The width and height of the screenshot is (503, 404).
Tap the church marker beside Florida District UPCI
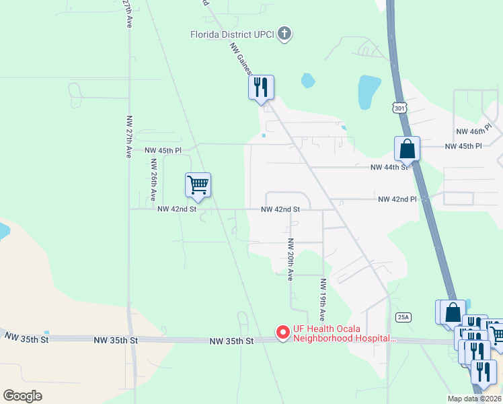(284, 34)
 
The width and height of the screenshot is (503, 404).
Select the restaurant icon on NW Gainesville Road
(261, 88)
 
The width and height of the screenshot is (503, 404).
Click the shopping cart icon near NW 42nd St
(198, 184)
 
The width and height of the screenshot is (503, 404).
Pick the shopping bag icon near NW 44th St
(408, 149)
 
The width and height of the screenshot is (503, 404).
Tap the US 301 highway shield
(399, 108)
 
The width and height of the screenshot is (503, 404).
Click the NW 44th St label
(390, 167)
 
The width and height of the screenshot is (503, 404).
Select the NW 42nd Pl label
(397, 199)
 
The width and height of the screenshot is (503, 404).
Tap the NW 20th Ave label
(291, 259)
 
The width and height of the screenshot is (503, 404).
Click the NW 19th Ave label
(323, 299)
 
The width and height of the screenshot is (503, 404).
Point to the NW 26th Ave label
(153, 180)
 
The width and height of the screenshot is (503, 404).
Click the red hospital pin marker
(283, 333)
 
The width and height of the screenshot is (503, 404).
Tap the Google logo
(23, 395)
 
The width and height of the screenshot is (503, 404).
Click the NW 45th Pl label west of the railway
(164, 150)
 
